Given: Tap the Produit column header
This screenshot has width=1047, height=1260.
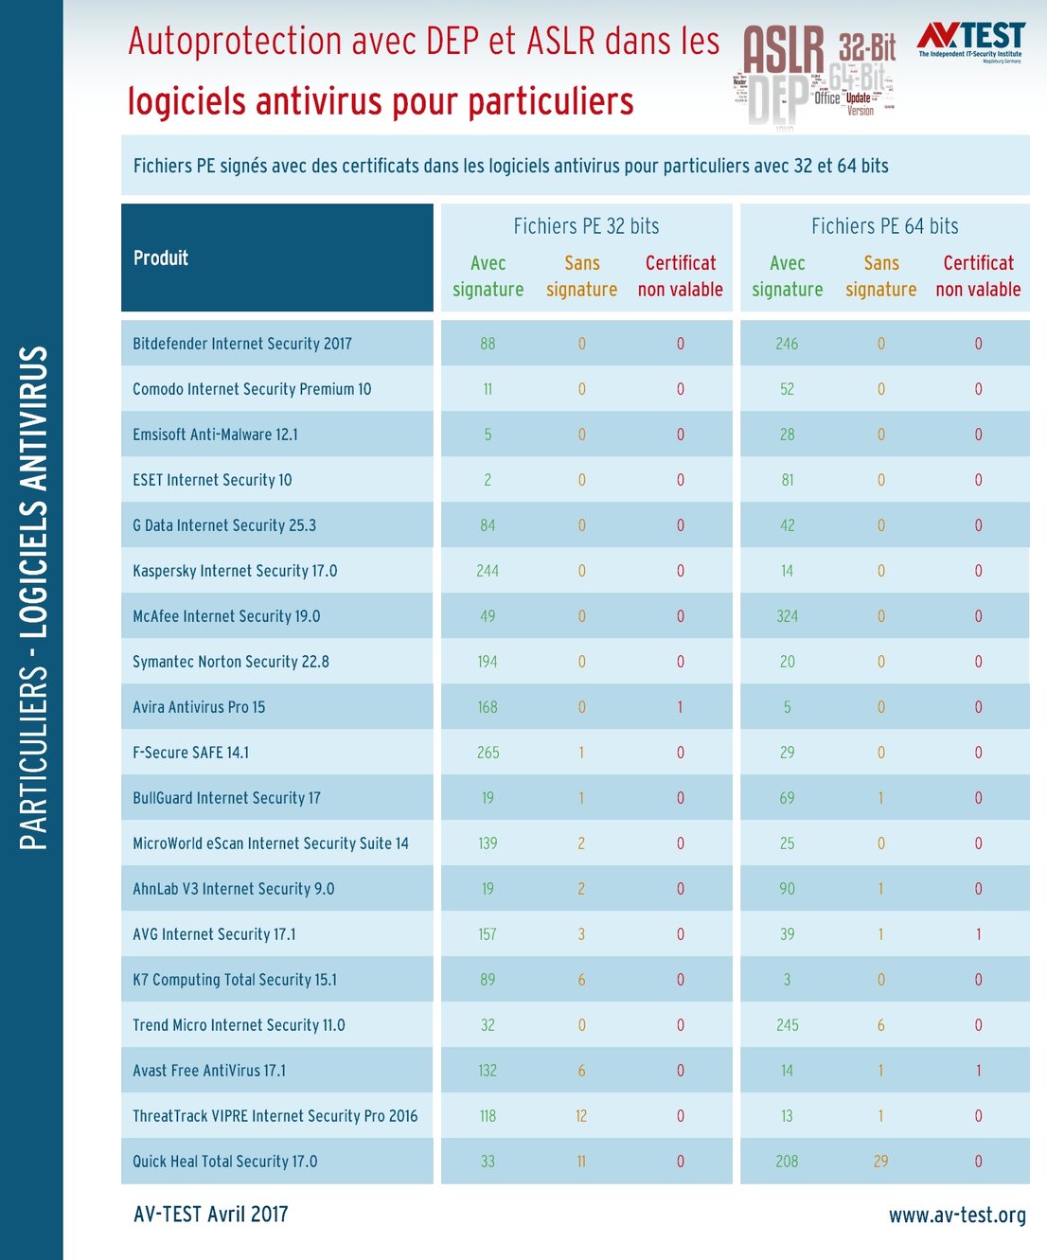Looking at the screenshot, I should click(161, 257).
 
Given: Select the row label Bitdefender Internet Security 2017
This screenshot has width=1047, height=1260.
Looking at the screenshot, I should click(242, 344).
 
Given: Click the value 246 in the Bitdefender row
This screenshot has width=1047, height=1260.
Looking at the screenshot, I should click(787, 344).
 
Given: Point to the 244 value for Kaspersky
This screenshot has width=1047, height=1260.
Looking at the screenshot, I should click(488, 571).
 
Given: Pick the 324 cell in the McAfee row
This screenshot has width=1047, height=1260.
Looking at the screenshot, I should click(787, 616).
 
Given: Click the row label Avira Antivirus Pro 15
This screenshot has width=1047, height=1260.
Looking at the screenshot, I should click(199, 707).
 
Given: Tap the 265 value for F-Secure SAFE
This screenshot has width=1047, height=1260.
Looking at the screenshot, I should click(488, 753).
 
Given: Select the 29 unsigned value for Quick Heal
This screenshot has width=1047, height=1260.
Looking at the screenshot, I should click(880, 1162).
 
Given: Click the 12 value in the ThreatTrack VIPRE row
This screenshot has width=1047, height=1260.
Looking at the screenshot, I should click(581, 1116).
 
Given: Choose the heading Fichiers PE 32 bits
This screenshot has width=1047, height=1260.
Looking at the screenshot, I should click(586, 226).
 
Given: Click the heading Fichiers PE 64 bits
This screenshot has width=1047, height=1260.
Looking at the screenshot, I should click(884, 226).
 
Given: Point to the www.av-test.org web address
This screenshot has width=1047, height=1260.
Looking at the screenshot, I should click(957, 1215).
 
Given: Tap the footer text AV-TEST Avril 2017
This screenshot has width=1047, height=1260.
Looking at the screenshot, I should click(211, 1215).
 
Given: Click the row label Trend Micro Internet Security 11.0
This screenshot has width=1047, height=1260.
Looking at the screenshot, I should click(239, 1025).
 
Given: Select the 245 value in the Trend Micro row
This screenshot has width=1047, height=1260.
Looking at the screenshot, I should click(787, 1025).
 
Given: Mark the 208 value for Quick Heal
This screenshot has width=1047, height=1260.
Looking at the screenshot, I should click(787, 1162).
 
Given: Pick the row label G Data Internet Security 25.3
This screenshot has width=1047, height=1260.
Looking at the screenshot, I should click(224, 525).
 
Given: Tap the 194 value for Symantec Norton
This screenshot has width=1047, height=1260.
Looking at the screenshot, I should click(488, 662).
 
